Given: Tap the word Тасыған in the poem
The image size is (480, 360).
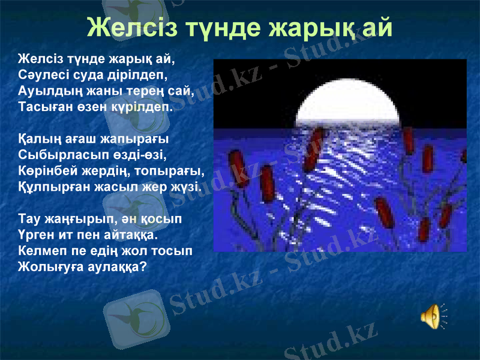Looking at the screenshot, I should tap(43, 107).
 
